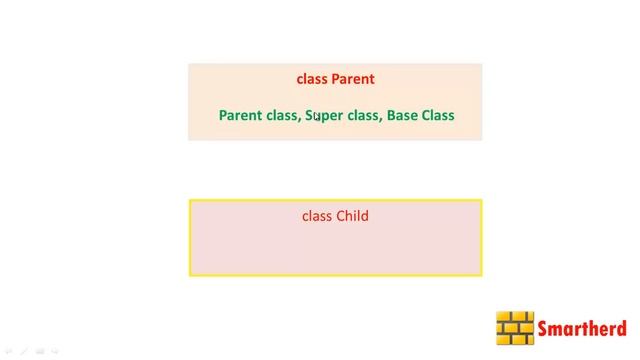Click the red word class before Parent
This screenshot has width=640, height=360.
tap(312, 79)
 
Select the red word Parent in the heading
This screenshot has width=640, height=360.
tap(353, 79)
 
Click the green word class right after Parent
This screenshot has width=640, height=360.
tap(282, 115)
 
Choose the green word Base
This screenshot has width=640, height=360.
tap(403, 115)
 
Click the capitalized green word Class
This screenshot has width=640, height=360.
tap(438, 115)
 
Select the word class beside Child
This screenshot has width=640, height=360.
tap(317, 215)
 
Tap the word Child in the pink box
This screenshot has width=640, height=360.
tap(352, 215)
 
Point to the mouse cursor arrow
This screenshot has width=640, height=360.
tap(316, 117)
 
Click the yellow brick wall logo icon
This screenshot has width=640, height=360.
tap(515, 328)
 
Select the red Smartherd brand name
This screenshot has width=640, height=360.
tap(582, 328)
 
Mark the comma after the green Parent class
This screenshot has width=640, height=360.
tap(299, 119)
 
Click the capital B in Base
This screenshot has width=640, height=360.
tap(391, 115)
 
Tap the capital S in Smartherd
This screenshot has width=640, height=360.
tap(544, 328)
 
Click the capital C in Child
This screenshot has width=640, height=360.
tap(341, 215)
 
